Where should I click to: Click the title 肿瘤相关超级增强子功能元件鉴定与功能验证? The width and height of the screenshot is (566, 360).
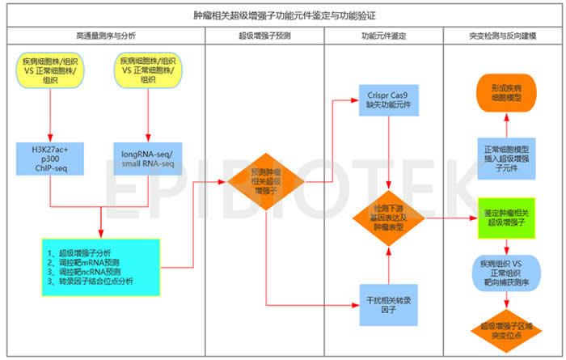pyautogui.click(x=282, y=15)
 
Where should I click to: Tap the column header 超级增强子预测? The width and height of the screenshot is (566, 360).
pyautogui.click(x=264, y=36)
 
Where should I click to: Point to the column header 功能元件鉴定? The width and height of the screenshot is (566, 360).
pyautogui.click(x=384, y=36)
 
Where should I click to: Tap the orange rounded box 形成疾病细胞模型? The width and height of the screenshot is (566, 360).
pyautogui.click(x=506, y=91)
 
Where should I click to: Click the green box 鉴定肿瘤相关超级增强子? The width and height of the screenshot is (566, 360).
pyautogui.click(x=506, y=217)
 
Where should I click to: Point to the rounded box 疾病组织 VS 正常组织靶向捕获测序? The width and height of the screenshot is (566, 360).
pyautogui.click(x=506, y=270)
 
